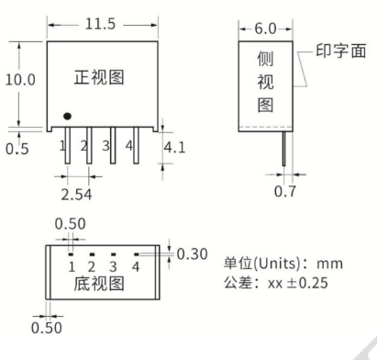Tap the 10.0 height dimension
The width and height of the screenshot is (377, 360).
click(20, 80)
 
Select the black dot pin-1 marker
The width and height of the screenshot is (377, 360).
click(67, 118)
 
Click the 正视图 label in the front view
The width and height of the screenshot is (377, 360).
click(102, 79)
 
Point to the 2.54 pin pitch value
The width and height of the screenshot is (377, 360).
click(77, 194)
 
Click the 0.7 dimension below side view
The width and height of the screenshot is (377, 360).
click(285, 192)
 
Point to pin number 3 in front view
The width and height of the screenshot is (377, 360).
click(109, 145)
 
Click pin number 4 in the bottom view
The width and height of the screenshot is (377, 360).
click(135, 266)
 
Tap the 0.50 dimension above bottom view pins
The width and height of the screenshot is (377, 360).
click(71, 223)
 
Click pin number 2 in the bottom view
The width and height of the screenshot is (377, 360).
click(92, 266)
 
